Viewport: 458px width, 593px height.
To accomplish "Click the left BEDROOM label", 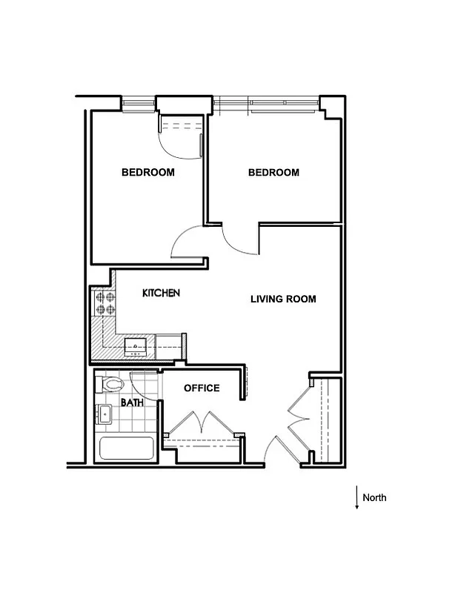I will pos(148,173).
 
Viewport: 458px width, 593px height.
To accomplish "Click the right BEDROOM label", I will pos(273,173).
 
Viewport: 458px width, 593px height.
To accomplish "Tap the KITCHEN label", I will pos(161,294).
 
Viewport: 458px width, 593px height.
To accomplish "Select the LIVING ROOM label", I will pos(283,299).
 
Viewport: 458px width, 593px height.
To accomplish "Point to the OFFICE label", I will pos(202,388).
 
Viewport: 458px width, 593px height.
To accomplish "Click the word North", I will pos(374,497).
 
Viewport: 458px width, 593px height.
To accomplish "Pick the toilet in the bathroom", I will pos(111,384).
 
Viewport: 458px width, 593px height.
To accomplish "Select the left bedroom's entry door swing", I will pos(187,243).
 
